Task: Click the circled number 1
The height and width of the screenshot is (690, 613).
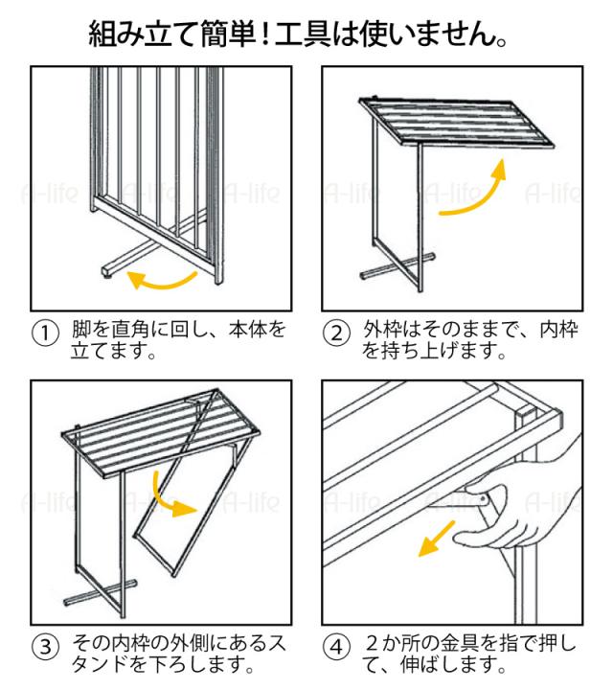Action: (45, 334)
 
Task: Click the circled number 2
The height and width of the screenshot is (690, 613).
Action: (336, 334)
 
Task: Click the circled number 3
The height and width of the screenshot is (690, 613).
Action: (45, 646)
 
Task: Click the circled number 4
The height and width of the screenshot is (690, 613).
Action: (336, 646)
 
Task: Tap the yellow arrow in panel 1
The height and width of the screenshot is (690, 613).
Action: (163, 279)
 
